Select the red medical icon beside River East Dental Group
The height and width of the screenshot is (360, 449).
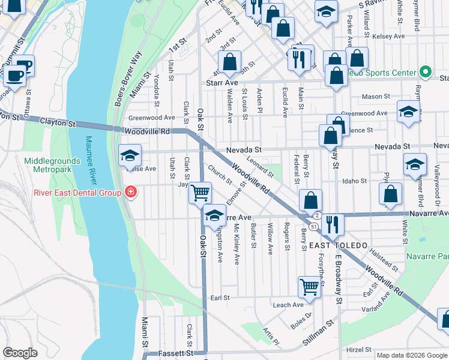[130, 193]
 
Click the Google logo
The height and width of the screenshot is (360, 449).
[20, 353]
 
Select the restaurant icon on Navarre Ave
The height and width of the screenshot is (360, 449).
[332, 224]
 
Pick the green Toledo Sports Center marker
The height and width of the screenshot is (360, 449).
[426, 73]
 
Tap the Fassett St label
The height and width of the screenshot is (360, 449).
[173, 354]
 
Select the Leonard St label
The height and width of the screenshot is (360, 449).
[262, 167]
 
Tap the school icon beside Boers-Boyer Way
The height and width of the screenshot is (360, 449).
[130, 156]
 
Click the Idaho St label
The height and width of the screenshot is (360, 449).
[354, 181]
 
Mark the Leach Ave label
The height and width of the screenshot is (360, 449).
[288, 305]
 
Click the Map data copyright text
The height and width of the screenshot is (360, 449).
[411, 355]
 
